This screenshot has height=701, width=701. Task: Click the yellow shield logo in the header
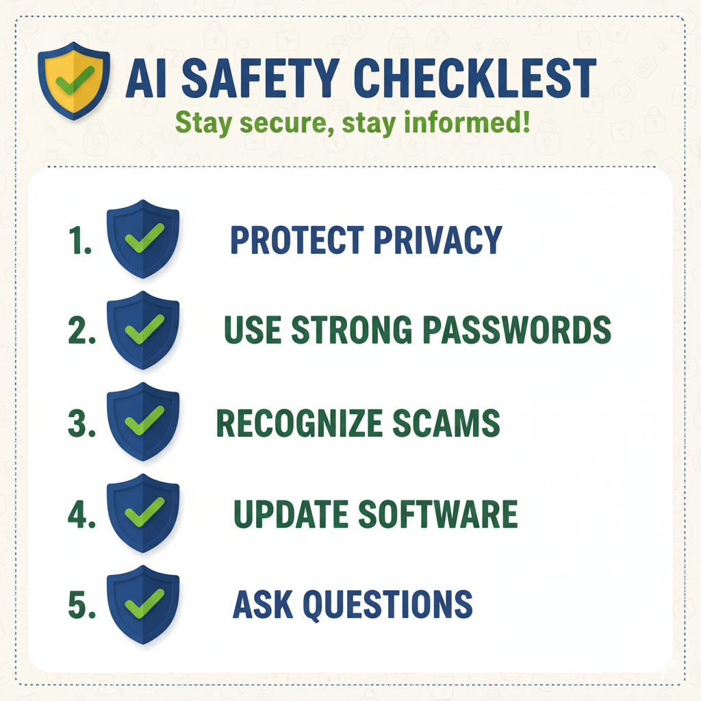point(74,81)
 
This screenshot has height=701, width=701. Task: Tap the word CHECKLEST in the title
point(475,78)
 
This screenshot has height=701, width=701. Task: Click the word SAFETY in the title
point(261,78)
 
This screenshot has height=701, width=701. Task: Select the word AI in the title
point(146,78)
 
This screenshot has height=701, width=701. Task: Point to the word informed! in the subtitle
point(467,122)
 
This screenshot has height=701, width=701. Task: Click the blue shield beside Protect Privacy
point(142,239)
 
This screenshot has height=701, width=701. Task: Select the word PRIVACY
point(437,240)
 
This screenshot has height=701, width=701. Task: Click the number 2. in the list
point(82,330)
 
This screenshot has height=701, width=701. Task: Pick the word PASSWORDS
point(517,330)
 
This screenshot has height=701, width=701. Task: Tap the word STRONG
point(351,330)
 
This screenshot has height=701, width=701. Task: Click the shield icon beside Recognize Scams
point(142,422)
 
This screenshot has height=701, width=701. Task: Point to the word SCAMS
point(446,423)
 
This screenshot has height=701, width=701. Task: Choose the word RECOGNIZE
point(299,423)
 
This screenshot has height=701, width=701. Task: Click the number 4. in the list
point(82,514)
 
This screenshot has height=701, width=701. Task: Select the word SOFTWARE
point(437,514)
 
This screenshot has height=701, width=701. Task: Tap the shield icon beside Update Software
point(142,513)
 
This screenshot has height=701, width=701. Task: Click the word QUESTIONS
point(387,605)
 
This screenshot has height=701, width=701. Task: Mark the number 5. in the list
point(82,605)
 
